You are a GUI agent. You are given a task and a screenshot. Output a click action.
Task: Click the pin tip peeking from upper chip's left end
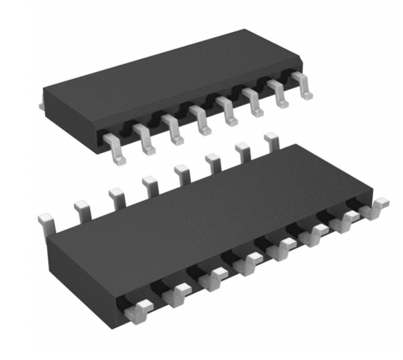coord(41,107)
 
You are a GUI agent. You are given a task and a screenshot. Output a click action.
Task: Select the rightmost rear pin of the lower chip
coord(272,142)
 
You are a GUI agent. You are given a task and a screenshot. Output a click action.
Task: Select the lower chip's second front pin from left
coord(177,294)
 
